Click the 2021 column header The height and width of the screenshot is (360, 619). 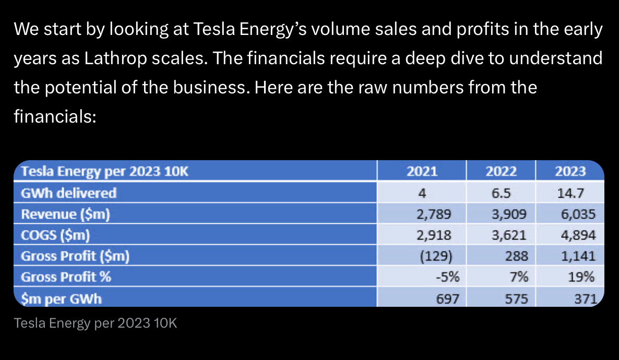[x=422, y=171]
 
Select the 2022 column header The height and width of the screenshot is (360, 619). [x=501, y=171]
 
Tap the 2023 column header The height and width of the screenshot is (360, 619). [x=570, y=171]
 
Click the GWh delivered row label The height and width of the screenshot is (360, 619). [x=68, y=193]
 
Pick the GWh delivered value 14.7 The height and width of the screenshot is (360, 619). [x=570, y=193]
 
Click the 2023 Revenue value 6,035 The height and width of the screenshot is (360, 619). [x=578, y=214]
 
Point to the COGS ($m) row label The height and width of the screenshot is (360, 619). [x=55, y=235]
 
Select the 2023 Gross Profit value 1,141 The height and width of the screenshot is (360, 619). [x=578, y=256]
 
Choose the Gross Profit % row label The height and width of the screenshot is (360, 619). [x=66, y=277]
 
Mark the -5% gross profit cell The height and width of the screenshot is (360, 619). [x=447, y=277]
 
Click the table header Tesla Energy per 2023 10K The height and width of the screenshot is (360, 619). [x=104, y=171]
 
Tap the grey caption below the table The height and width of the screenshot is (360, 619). [x=96, y=323]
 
